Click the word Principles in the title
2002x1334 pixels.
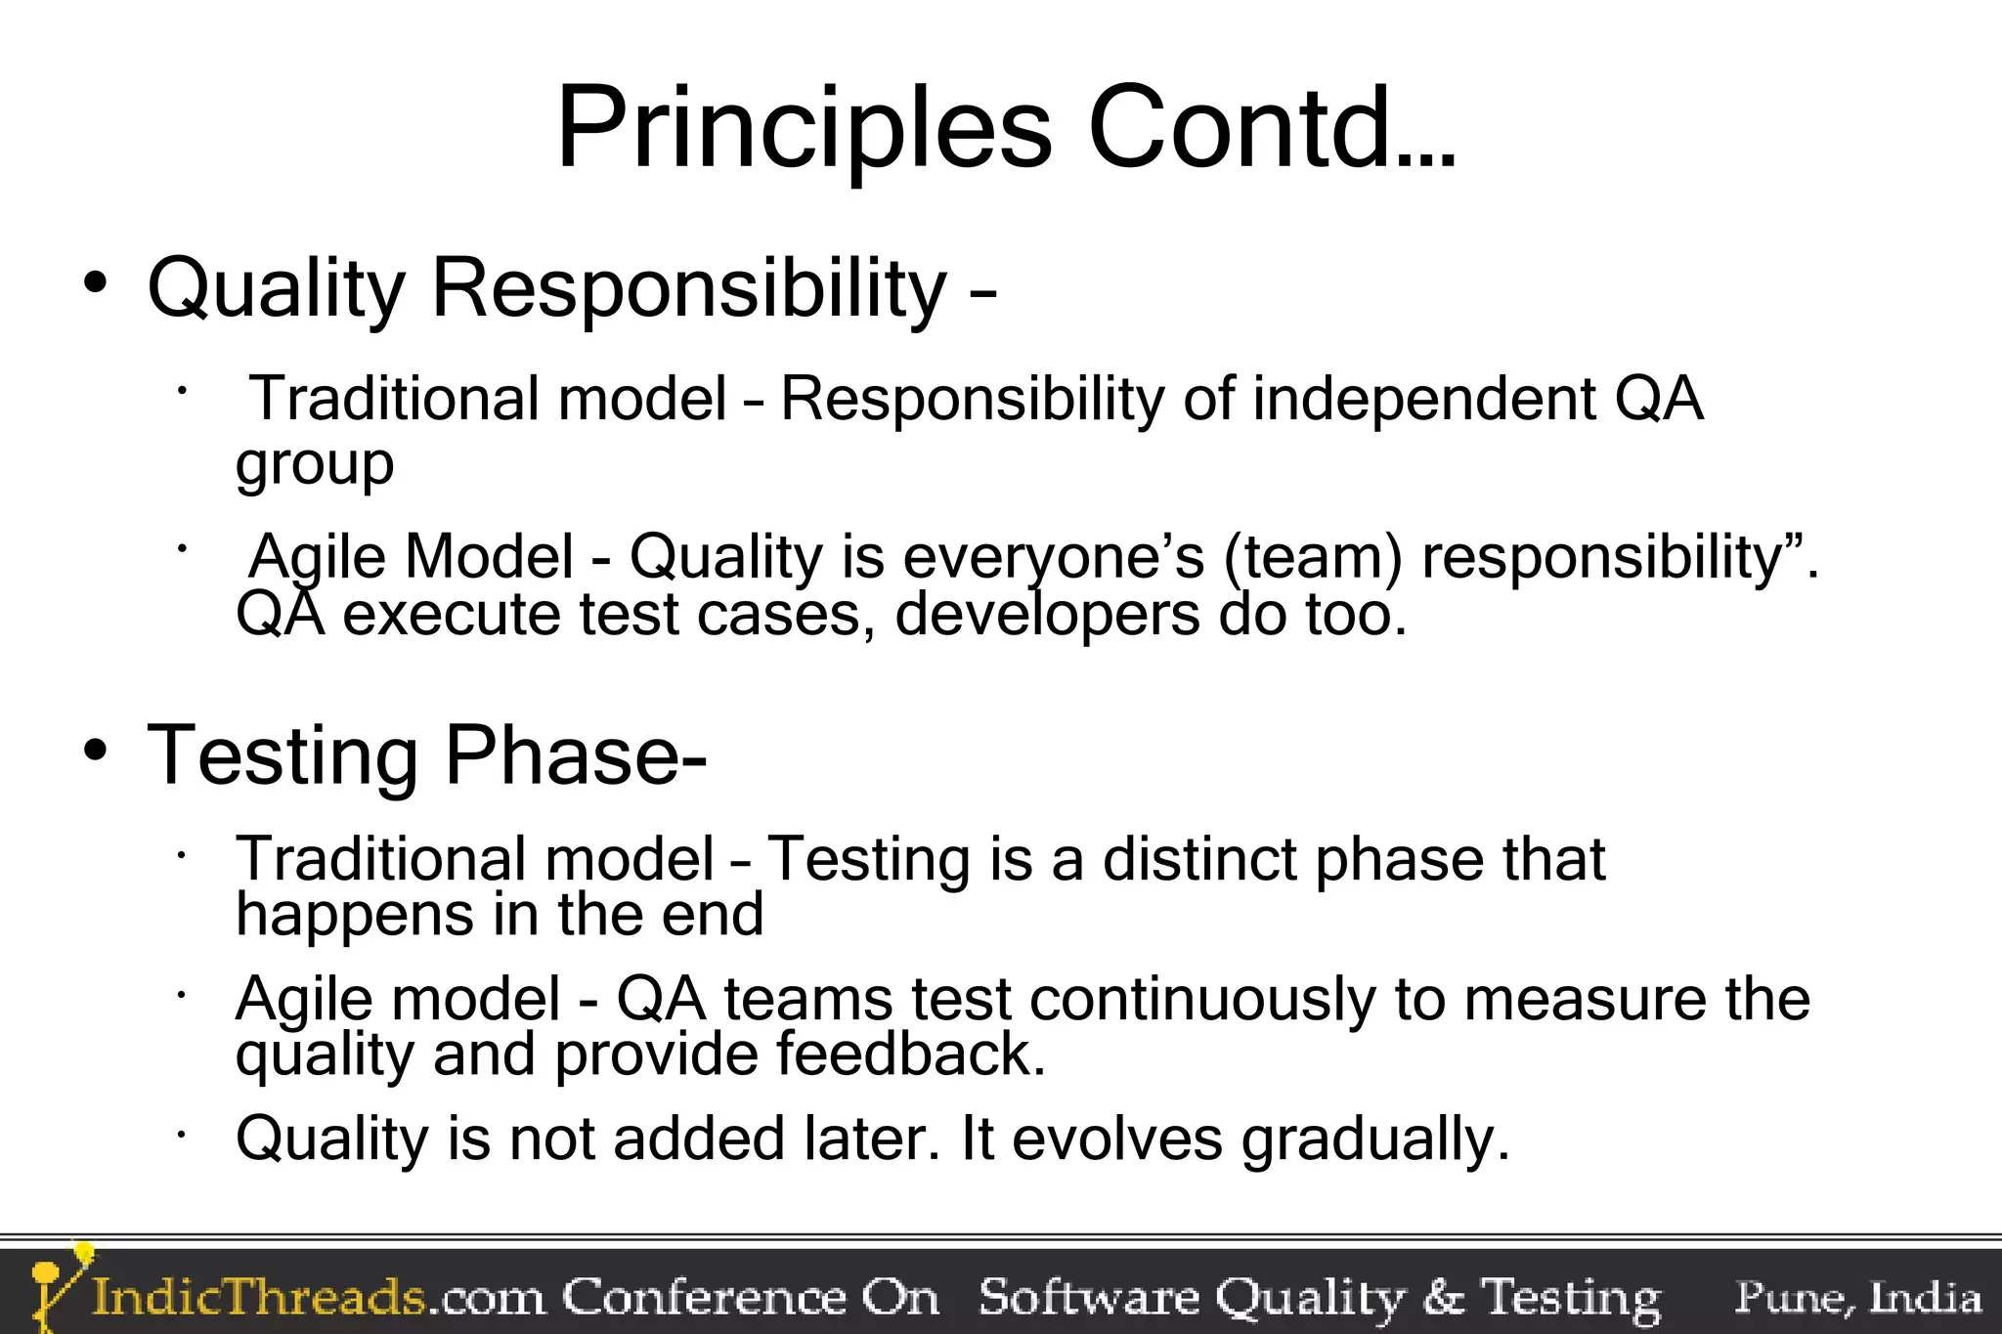[804, 130]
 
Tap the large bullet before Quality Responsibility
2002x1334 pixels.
[95, 284]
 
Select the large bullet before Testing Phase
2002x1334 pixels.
[95, 752]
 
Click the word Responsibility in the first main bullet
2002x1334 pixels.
[688, 289]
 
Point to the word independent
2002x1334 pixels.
[1422, 400]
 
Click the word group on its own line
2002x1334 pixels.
[314, 464]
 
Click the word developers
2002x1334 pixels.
[1046, 616]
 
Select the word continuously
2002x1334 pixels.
[1201, 1000]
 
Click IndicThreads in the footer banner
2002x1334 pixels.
[259, 1298]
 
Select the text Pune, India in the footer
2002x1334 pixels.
[1857, 1298]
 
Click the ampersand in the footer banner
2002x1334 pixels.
[1443, 1298]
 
